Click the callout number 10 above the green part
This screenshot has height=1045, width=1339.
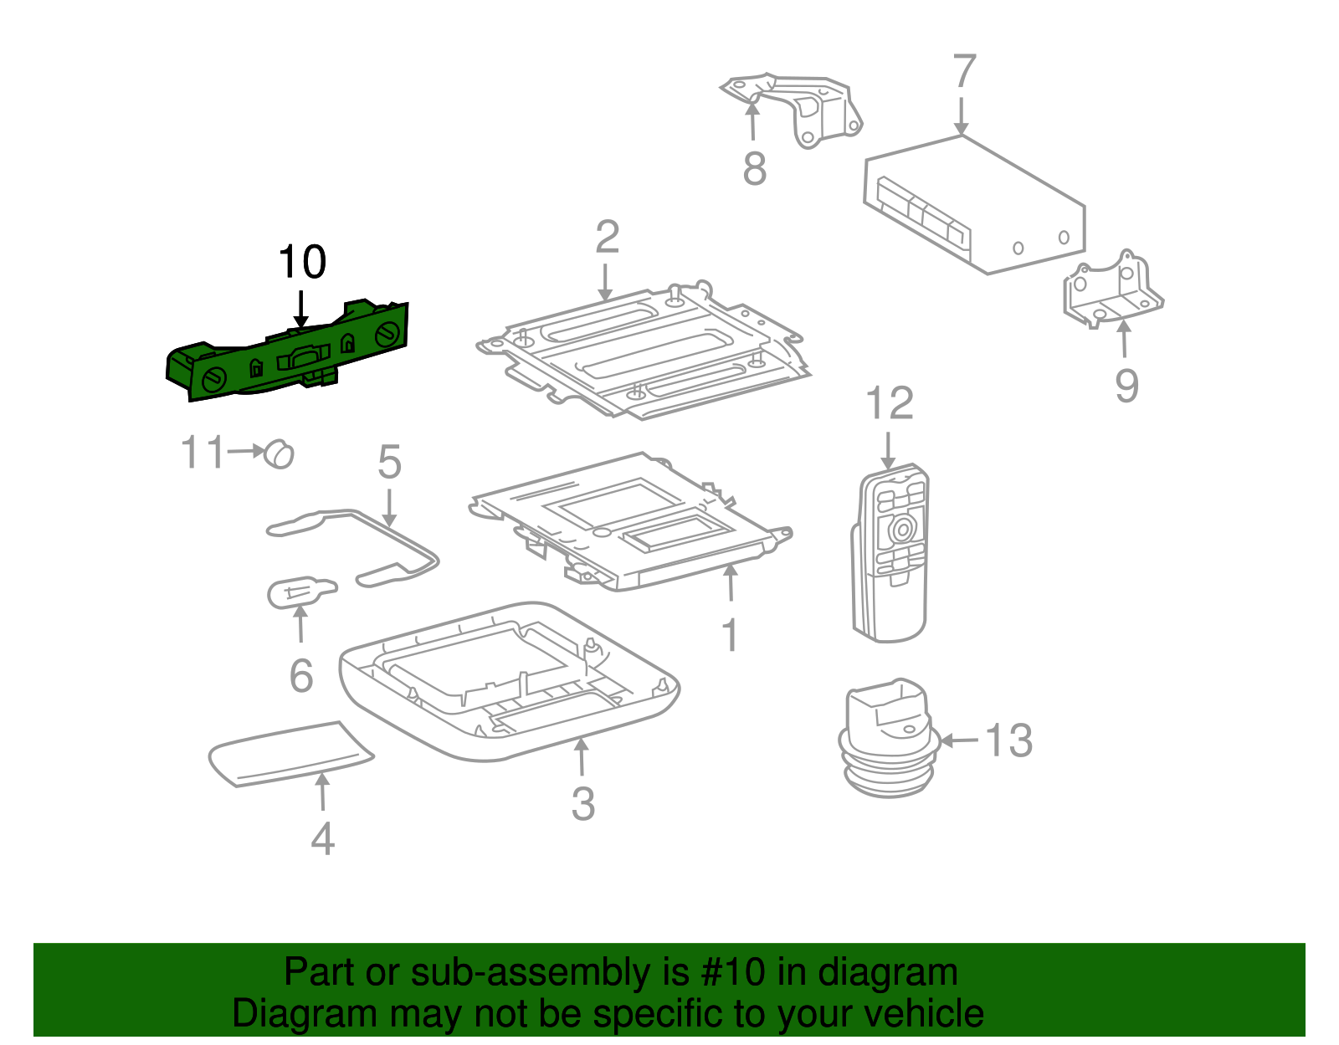(x=302, y=263)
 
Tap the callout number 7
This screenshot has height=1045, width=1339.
(x=964, y=72)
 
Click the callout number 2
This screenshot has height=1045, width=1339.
(x=607, y=238)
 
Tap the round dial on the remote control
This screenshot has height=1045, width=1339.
(x=902, y=529)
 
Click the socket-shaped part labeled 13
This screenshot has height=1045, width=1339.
(x=886, y=736)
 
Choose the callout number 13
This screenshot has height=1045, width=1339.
(x=1008, y=741)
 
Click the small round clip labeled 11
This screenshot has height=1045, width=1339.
(x=279, y=453)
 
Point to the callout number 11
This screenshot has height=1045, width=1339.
(x=203, y=452)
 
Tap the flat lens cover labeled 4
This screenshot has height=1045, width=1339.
(x=289, y=752)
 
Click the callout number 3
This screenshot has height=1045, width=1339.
(x=583, y=804)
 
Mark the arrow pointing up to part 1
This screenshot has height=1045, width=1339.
(x=731, y=583)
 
